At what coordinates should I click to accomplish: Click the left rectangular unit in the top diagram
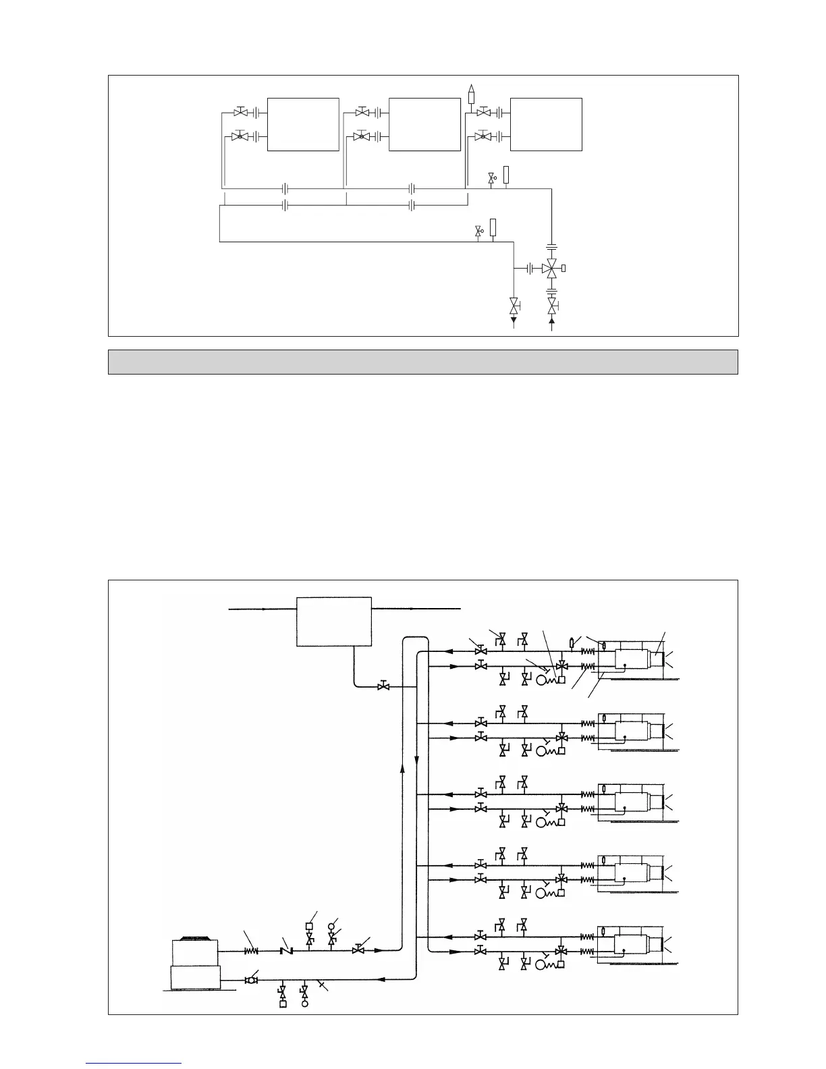(x=303, y=124)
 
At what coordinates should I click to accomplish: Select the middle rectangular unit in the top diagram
(x=424, y=124)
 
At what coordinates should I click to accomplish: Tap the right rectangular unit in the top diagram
(x=546, y=124)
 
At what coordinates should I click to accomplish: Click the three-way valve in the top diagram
(x=552, y=269)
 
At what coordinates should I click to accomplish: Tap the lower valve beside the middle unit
(x=361, y=136)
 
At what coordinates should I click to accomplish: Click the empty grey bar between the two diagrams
(x=423, y=362)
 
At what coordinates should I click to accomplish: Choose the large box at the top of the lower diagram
(x=334, y=621)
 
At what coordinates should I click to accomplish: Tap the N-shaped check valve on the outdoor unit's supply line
(x=285, y=951)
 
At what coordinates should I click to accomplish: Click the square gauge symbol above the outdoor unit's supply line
(x=309, y=926)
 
